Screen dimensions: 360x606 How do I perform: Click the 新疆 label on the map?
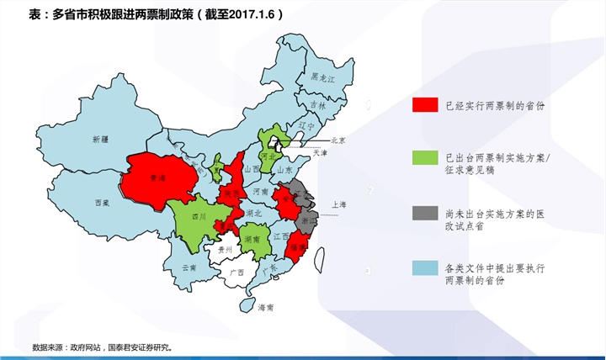tap(101, 138)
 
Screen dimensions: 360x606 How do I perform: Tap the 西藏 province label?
tap(102, 203)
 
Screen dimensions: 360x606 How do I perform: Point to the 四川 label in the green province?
tap(199, 216)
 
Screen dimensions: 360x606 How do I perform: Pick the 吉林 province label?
tap(317, 105)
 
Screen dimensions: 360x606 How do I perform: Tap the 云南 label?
tap(189, 267)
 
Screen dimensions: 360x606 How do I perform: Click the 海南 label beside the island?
tap(266, 307)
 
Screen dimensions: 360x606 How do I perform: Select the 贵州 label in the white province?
tap(225, 250)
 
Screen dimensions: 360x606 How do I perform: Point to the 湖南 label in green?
tap(251, 239)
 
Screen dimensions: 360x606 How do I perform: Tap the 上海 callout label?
tap(340, 204)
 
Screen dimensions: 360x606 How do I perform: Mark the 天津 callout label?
tap(320, 154)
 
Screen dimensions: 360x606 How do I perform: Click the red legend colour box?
tap(425, 105)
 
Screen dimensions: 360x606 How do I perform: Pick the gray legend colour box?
tap(425, 213)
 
